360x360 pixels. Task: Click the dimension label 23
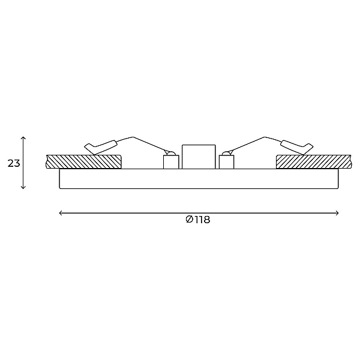tap(14, 163)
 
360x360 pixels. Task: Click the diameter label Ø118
tap(197, 220)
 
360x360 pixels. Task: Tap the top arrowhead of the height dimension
tap(23, 137)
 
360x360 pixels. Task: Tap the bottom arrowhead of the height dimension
tap(23, 187)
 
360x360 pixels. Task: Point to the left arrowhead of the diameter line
tap(61, 213)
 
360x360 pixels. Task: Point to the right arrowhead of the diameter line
tap(337, 213)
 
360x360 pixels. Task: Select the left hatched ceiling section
tap(83, 161)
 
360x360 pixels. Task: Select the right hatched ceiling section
tap(314, 161)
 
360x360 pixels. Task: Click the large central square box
tap(199, 157)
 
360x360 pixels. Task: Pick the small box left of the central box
tap(171, 162)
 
